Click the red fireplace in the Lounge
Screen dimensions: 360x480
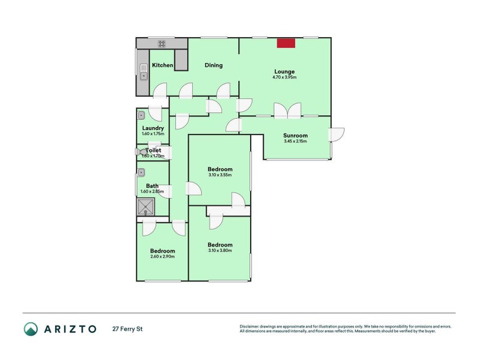286,43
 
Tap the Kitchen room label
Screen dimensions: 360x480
163,65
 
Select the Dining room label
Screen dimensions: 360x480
214,65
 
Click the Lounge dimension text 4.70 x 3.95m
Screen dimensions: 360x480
284,77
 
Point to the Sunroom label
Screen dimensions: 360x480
295,136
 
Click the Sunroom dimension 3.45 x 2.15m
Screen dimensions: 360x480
295,142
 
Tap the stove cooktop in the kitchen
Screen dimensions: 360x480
162,43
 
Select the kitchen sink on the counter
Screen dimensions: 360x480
143,72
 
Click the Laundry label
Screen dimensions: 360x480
153,128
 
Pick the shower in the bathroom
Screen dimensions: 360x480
146,208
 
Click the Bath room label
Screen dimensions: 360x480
152,186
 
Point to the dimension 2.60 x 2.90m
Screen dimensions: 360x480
163,257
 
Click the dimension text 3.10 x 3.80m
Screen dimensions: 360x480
220,251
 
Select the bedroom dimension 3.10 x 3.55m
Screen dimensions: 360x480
220,175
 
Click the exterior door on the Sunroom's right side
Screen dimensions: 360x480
336,134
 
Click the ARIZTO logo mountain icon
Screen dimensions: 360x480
31,329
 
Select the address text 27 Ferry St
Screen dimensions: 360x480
127,329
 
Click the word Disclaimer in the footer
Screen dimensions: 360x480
251,326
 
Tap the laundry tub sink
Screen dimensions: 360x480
142,115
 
